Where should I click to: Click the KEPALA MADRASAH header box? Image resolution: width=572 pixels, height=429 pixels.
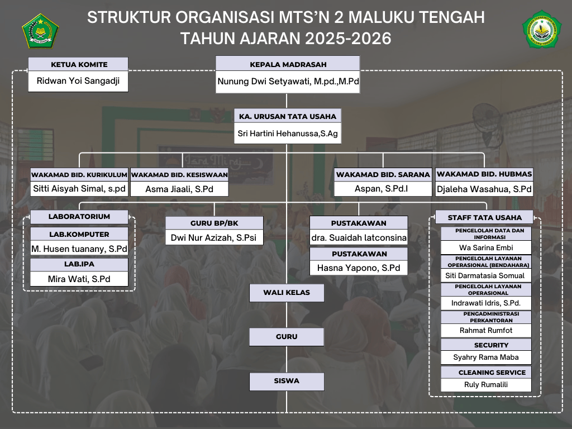(x=288, y=64)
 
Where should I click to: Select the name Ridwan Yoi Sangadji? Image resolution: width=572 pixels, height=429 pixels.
(x=78, y=80)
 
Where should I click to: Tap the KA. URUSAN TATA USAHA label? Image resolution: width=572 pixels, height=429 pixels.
(x=288, y=116)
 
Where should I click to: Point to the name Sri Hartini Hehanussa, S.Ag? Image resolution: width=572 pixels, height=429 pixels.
(x=288, y=134)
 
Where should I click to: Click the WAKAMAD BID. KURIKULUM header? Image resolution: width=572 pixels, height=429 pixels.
(x=79, y=174)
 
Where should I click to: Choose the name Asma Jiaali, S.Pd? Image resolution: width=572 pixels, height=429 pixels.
(x=179, y=189)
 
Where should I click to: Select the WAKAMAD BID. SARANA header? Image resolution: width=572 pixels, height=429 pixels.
(x=383, y=174)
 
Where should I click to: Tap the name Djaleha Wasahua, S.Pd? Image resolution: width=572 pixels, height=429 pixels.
(x=484, y=189)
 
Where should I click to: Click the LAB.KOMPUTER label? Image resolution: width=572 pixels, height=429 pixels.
(x=79, y=234)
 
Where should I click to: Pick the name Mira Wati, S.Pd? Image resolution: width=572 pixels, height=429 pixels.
(x=79, y=279)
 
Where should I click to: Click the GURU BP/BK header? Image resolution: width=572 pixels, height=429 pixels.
(x=214, y=223)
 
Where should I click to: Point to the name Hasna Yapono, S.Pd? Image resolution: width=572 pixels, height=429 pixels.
(x=359, y=268)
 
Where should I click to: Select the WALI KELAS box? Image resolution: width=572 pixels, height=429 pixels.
(x=287, y=293)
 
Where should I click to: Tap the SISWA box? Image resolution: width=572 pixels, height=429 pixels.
(x=287, y=381)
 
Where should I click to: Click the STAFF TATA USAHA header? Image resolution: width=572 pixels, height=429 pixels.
(x=484, y=217)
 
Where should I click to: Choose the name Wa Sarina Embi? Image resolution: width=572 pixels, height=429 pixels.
(x=486, y=247)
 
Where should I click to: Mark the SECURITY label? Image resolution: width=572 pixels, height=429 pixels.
(x=491, y=345)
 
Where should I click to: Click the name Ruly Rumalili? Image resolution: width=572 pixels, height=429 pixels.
(x=486, y=384)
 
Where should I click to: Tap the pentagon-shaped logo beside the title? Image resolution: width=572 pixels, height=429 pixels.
(x=40, y=31)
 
